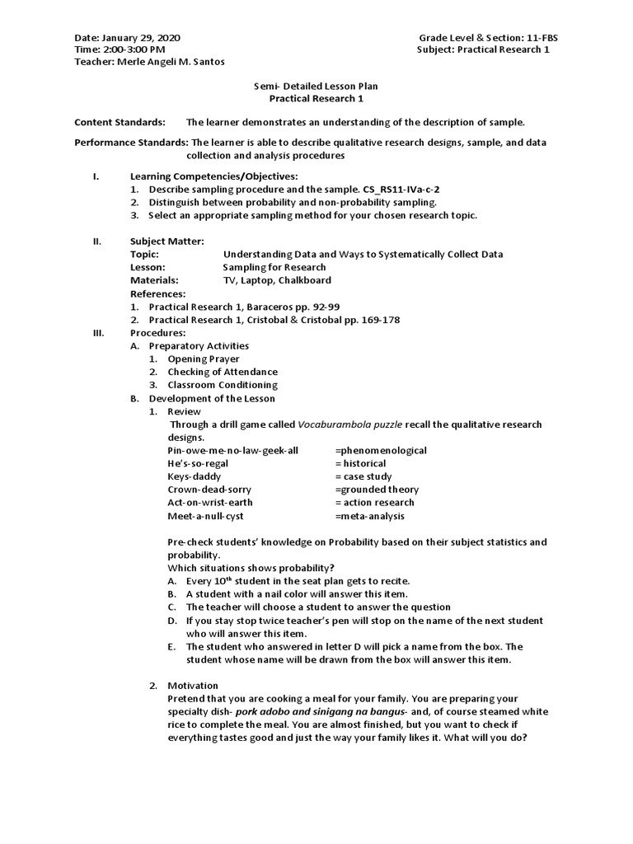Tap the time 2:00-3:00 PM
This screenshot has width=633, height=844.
coord(132,49)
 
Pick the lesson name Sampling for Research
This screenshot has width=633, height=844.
coord(274,267)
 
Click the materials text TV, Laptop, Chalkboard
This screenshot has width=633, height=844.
coord(279,280)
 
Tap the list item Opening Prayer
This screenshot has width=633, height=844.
coord(204,359)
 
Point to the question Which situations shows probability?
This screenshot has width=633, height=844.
coord(251,568)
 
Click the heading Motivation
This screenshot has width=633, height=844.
coord(193,686)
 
